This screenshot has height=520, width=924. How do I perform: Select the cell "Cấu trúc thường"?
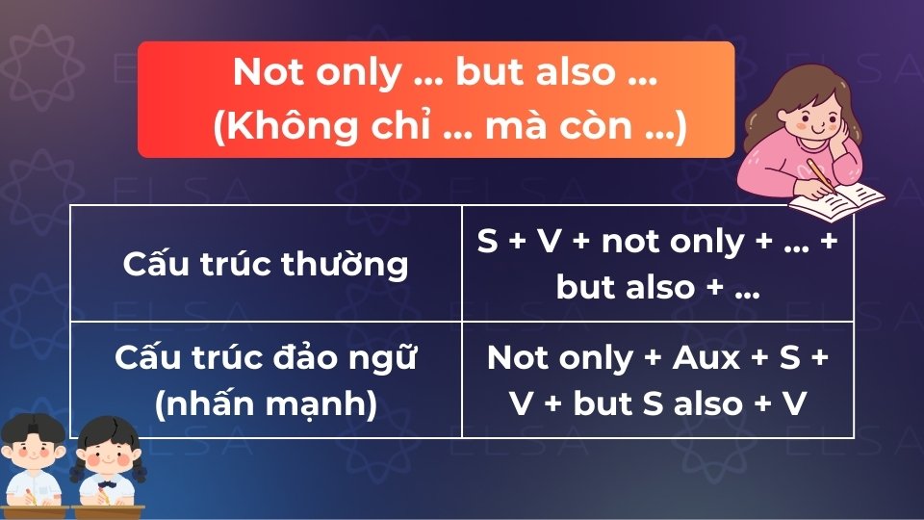(x=266, y=263)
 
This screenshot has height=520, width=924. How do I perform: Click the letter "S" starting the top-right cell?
(x=488, y=241)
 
